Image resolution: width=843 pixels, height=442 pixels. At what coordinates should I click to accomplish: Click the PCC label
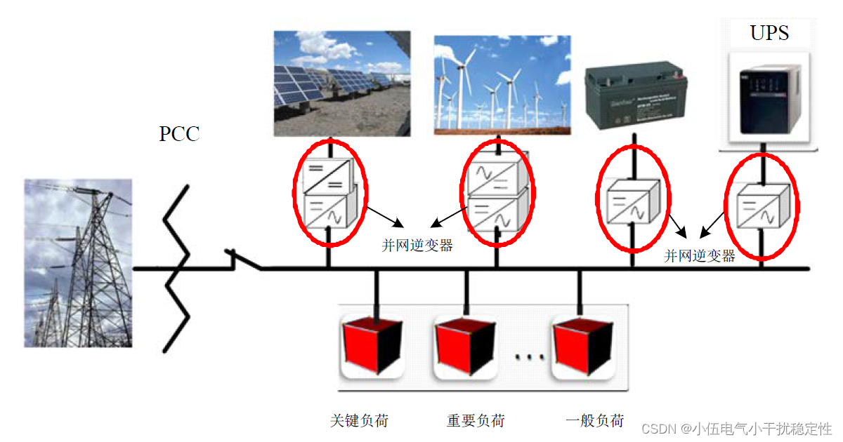coord(179,133)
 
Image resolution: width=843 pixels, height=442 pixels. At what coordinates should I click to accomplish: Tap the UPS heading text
coord(769,33)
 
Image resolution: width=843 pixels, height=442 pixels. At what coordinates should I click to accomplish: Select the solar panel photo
coord(341,83)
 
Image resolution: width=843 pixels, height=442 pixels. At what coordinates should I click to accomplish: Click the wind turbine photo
coord(502,84)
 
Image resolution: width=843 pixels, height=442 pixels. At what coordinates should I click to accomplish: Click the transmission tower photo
coord(78,263)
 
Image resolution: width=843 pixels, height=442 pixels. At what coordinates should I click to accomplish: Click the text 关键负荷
coord(359,421)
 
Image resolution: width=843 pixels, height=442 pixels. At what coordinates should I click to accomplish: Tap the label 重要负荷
coord(476,421)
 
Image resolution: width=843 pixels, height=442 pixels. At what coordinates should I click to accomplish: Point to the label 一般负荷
coord(595,421)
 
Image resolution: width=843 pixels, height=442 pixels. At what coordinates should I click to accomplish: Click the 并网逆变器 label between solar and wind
coord(417,246)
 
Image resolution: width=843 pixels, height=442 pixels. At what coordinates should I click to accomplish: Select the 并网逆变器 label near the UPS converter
coord(700,256)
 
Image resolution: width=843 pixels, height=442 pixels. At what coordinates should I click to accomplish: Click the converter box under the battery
coord(633,201)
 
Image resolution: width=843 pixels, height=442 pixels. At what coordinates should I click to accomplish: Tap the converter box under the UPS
coord(762,204)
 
